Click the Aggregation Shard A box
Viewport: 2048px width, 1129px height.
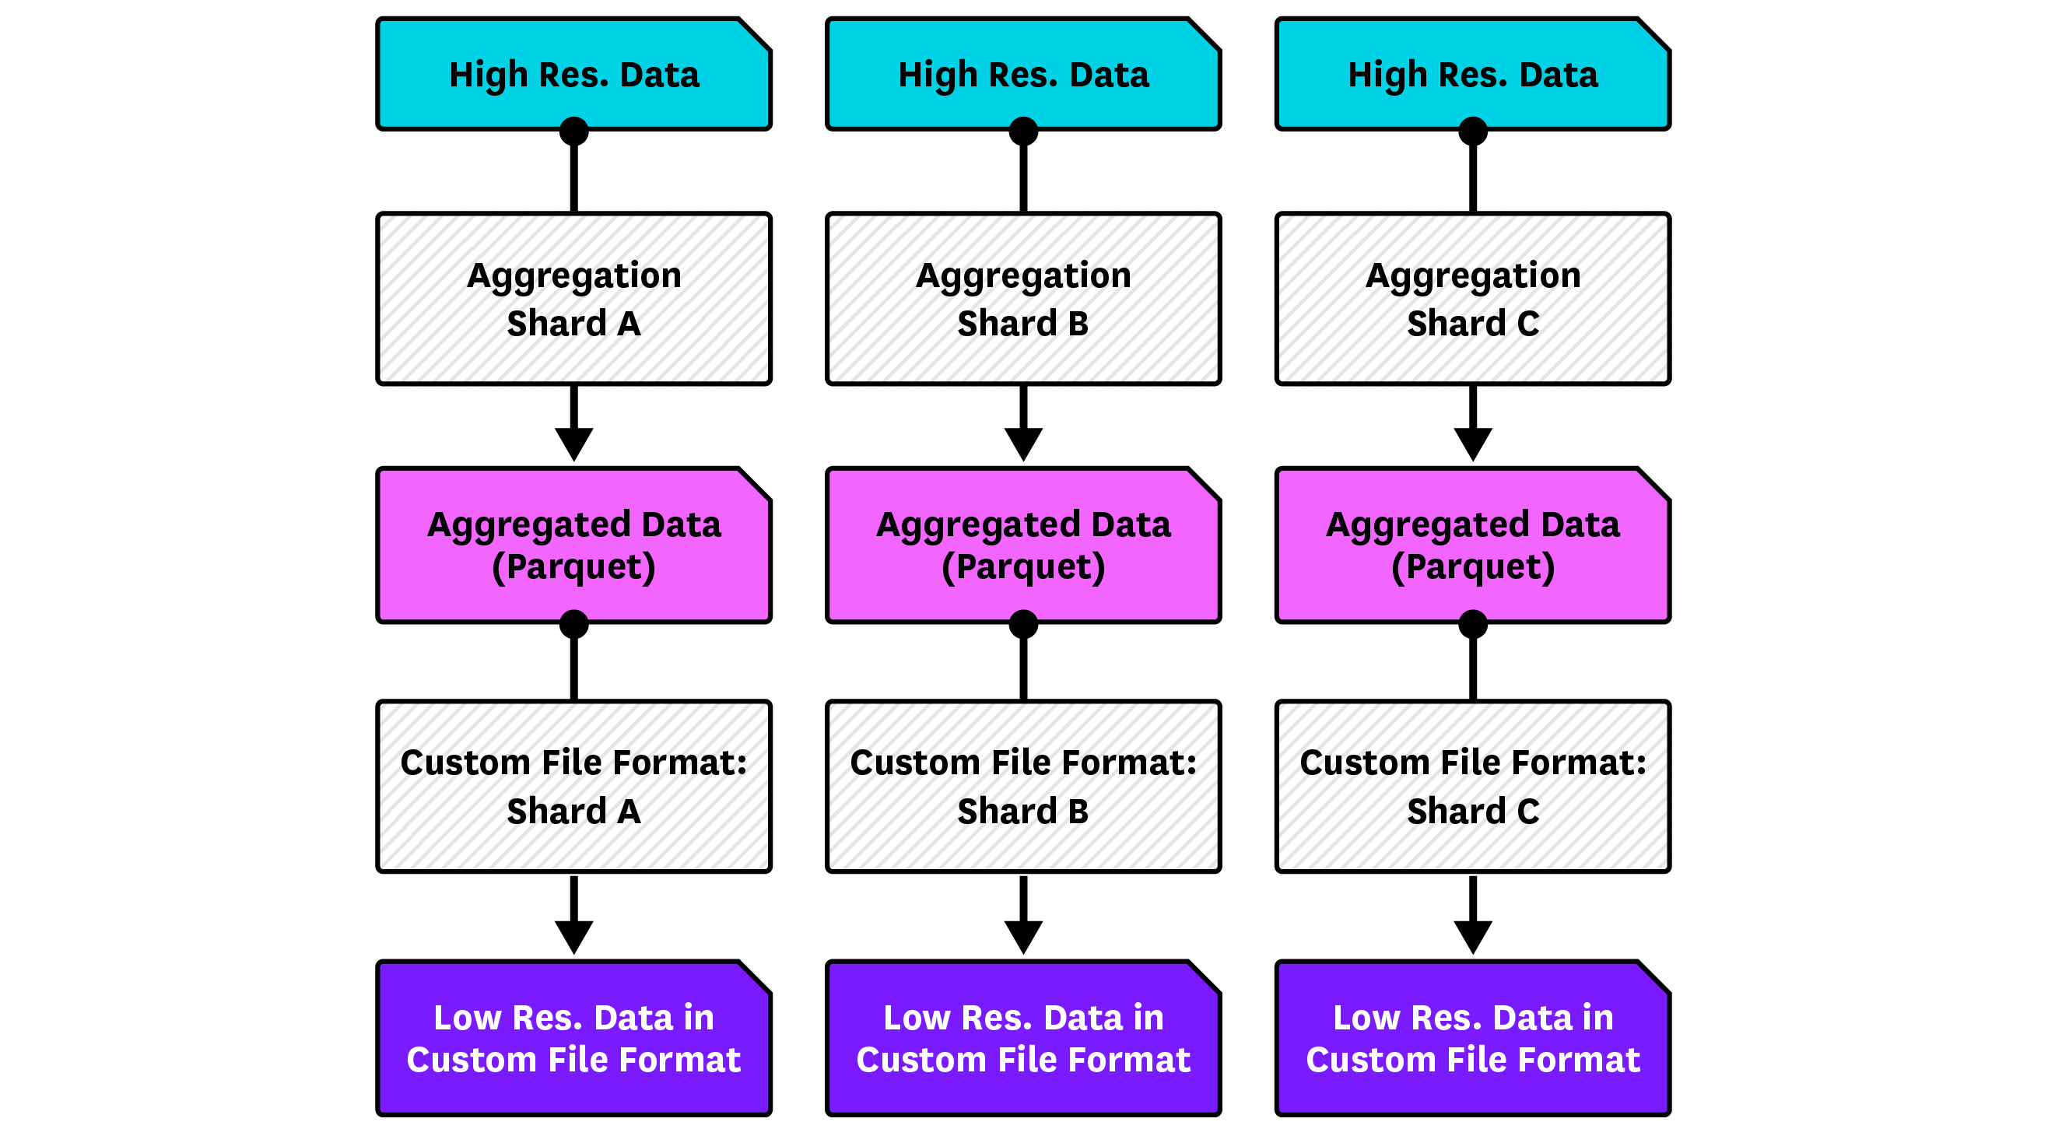tap(573, 299)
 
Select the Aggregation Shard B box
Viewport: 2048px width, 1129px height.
tap(1023, 299)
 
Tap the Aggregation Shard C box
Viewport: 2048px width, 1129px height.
tap(1472, 299)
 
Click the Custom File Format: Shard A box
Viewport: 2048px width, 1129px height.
tap(573, 787)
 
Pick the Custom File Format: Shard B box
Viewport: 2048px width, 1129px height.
tap(1023, 787)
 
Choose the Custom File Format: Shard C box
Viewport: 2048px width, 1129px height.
tap(1472, 787)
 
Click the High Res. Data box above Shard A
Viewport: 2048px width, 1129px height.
tap(573, 74)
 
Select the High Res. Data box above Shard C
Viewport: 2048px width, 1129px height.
tap(1472, 74)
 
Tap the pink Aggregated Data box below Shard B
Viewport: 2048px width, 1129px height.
tap(1023, 545)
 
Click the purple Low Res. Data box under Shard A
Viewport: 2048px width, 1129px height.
tap(573, 1039)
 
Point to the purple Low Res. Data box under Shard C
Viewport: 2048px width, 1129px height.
tap(1472, 1039)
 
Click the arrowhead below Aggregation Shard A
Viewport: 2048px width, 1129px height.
tap(573, 442)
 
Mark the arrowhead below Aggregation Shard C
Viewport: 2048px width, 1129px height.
tap(1472, 442)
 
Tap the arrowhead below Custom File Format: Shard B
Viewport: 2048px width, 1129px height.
tap(1023, 935)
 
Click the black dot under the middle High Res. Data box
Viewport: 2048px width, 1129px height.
tap(1023, 131)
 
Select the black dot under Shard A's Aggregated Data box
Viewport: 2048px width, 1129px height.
tap(573, 624)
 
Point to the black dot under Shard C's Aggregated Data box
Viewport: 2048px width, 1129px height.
tap(1472, 624)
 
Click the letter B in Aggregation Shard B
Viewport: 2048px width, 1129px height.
tap(1078, 324)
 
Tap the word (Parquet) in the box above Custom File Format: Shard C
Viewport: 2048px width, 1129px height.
tap(1472, 568)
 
